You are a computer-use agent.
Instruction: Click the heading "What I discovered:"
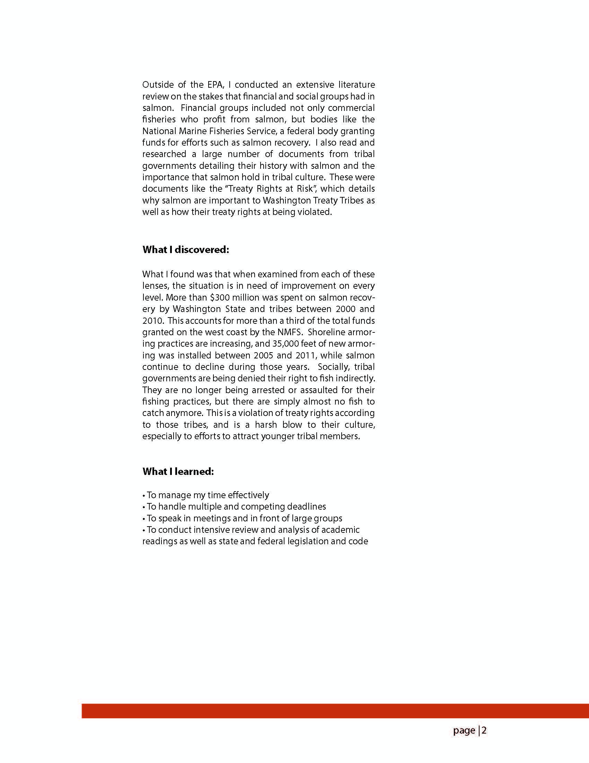(185, 250)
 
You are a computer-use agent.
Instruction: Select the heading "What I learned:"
(178, 471)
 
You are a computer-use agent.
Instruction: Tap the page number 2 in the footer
(484, 730)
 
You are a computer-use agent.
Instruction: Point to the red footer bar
(335, 711)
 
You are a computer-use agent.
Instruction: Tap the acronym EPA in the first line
(216, 85)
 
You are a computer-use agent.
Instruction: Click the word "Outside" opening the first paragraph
(156, 85)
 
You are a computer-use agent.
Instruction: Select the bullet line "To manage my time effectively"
(206, 495)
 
